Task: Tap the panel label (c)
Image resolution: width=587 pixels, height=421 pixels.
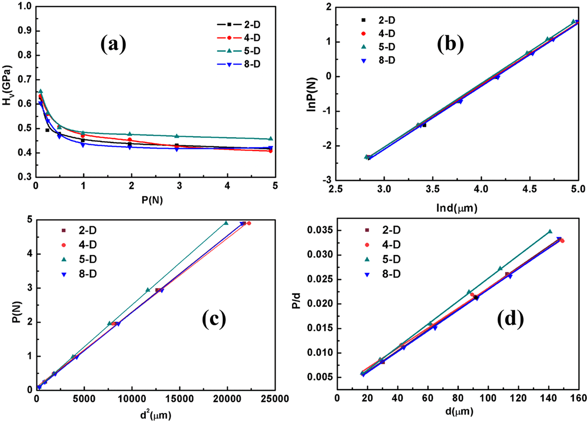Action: pos(214,319)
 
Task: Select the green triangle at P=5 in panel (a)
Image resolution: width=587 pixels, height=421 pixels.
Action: pos(270,138)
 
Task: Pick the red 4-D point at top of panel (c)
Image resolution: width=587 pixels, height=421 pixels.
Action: pos(249,223)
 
